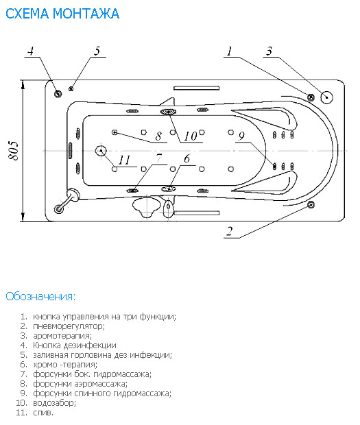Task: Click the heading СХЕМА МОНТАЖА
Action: click(62, 14)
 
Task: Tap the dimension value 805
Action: click(13, 150)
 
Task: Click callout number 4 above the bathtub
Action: click(31, 51)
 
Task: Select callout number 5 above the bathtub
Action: click(97, 51)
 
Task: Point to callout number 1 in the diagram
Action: click(230, 51)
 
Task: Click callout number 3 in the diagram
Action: click(269, 51)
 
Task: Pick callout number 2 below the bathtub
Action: click(230, 231)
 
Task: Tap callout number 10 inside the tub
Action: click(191, 136)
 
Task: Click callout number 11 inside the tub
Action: click(124, 160)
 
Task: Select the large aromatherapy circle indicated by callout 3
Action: click(326, 97)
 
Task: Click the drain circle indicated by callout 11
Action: click(101, 151)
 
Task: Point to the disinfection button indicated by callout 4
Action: click(58, 94)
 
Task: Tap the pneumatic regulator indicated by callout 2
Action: click(311, 205)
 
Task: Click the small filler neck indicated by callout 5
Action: click(71, 88)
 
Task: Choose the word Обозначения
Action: click(40, 296)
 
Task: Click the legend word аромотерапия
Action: click(62, 336)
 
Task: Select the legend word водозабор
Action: click(54, 403)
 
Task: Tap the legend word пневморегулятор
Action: click(69, 326)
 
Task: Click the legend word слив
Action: click(43, 413)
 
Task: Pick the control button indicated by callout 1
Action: click(311, 97)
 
